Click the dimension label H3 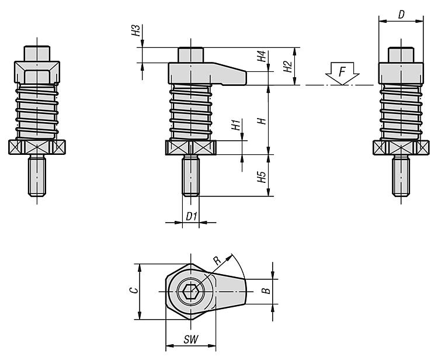[135, 30]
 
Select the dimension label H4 [262, 56]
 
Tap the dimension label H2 [287, 66]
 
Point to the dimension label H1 [236, 124]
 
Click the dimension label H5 [262, 176]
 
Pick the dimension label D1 [192, 216]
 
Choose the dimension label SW [191, 340]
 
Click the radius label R [217, 260]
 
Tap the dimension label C [134, 290]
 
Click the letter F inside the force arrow [342, 72]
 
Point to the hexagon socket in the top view [191, 292]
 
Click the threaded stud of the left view [37, 175]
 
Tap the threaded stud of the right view [401, 175]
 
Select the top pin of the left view [37, 53]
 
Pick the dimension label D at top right [401, 15]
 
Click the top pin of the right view [401, 55]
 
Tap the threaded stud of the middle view [191, 175]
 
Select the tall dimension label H [262, 121]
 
